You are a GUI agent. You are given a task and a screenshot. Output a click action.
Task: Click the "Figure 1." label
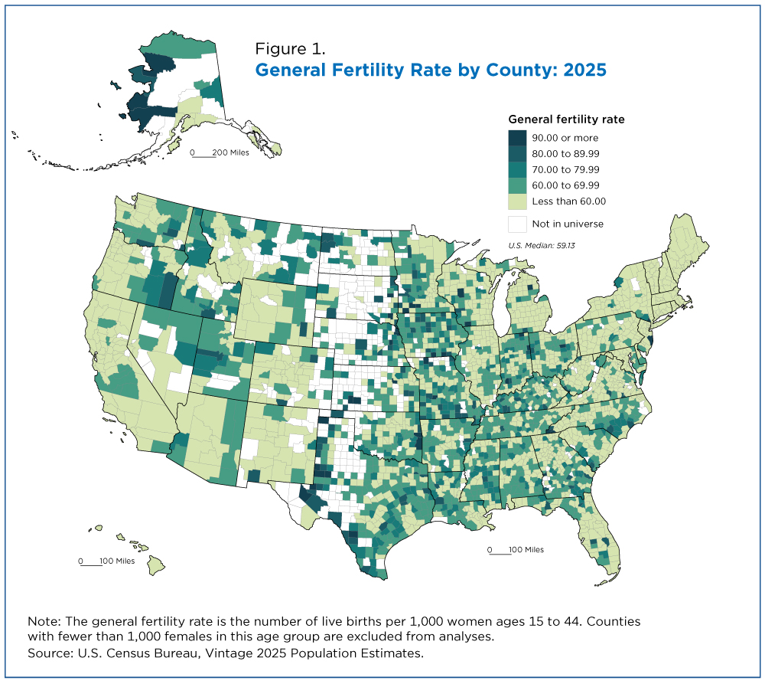tap(290, 49)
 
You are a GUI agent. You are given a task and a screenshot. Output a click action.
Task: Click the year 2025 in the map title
tap(585, 70)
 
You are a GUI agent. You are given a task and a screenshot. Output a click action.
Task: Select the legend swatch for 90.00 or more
tap(517, 138)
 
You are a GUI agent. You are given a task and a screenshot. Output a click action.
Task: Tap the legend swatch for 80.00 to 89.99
tap(517, 154)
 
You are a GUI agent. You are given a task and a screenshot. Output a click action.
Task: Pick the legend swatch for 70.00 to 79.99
tap(517, 169)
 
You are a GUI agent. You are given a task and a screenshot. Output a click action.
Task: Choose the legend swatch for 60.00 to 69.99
tap(517, 185)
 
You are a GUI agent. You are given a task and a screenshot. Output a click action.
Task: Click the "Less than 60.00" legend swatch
tap(517, 201)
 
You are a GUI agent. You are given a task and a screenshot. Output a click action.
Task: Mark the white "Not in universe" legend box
tap(517, 224)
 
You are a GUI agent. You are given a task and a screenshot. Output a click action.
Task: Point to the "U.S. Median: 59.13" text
tap(542, 245)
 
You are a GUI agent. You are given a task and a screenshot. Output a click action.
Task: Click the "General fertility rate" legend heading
tap(566, 119)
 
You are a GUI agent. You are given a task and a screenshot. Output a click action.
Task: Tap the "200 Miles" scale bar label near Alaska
tap(231, 152)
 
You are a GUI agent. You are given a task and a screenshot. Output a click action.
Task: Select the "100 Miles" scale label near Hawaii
tap(117, 561)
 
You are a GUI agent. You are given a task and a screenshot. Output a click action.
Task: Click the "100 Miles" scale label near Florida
tap(526, 550)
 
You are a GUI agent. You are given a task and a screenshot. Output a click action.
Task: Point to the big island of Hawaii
tap(155, 565)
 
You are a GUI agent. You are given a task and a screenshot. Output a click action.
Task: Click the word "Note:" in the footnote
tap(44, 621)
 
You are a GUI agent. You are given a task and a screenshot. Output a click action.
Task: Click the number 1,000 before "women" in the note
tap(426, 622)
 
